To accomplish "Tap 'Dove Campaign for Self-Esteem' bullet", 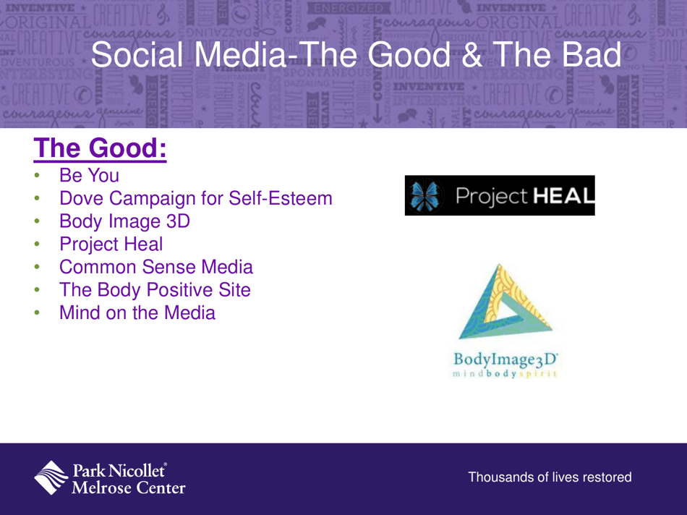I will pos(195,197).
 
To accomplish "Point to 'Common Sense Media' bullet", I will pos(156,268).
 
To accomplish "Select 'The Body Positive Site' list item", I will pos(155,291).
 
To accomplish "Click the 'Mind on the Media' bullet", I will pos(137,314).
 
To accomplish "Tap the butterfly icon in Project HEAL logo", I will pos(422,195).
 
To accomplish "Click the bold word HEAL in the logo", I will pos(558,195).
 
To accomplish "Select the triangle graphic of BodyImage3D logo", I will pos(504,303).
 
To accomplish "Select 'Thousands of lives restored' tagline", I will pos(550,477).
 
